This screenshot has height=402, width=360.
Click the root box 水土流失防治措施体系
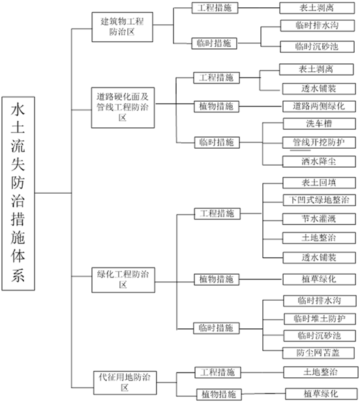pos(18,194)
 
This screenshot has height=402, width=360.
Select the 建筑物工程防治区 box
pos(123,27)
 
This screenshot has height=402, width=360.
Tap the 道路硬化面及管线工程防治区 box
pos(123,108)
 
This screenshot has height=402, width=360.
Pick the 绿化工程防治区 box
pos(123,280)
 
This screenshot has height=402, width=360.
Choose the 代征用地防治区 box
pos(125,383)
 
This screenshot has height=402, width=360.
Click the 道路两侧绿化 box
pos(319,106)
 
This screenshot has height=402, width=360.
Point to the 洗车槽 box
pos(320,124)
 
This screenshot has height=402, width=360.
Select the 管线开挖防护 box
pos(319,142)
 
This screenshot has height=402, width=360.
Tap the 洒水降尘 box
pos(319,162)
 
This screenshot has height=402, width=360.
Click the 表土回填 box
pos(319,183)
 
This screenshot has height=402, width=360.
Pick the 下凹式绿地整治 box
pos(320,200)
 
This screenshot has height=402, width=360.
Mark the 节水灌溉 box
pos(319,219)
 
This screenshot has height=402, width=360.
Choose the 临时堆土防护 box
pos(320,318)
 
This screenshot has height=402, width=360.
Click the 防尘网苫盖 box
pos(318,353)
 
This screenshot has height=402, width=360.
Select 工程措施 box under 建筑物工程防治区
pos(215,8)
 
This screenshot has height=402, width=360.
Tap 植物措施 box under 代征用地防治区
pos(219,395)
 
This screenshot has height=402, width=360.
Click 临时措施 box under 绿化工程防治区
pos(217,328)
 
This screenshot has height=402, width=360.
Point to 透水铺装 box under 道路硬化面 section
pos(319,89)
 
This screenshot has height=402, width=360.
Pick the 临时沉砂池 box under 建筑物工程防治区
pos(317,47)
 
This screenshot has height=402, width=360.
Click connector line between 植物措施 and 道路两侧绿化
pos(261,106)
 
